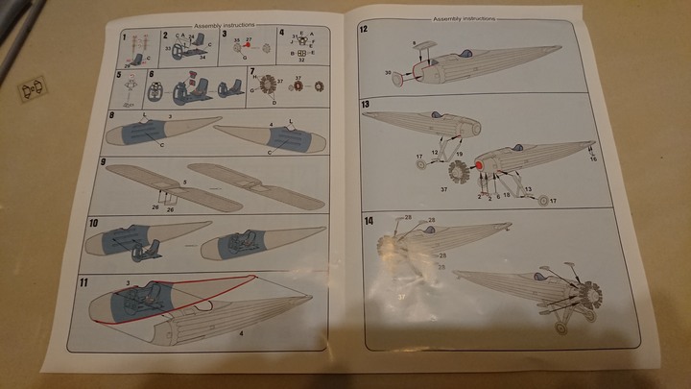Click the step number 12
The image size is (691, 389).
click(x=365, y=30)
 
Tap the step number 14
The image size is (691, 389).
click(x=369, y=221)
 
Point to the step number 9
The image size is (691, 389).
click(x=113, y=163)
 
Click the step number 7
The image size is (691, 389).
click(x=252, y=71)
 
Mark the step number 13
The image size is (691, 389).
click(x=366, y=103)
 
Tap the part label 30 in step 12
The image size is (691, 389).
click(x=388, y=73)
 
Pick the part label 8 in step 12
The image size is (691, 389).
click(x=414, y=43)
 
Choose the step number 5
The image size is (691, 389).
click(x=119, y=73)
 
